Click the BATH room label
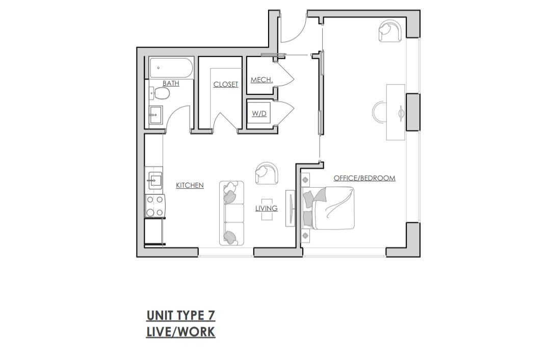(171, 84)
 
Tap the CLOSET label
(225, 85)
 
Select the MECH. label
(261, 80)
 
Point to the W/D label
(259, 114)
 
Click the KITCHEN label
(190, 185)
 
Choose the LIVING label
(266, 209)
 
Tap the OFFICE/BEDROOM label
(364, 178)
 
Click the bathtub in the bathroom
(171, 68)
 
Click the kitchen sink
(154, 181)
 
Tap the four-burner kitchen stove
(155, 207)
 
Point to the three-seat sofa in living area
(231, 213)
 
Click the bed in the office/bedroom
(328, 208)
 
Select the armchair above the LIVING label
(267, 173)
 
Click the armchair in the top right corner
(390, 31)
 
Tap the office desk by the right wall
(396, 112)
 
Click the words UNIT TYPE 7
(180, 316)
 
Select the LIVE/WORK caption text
(180, 331)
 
